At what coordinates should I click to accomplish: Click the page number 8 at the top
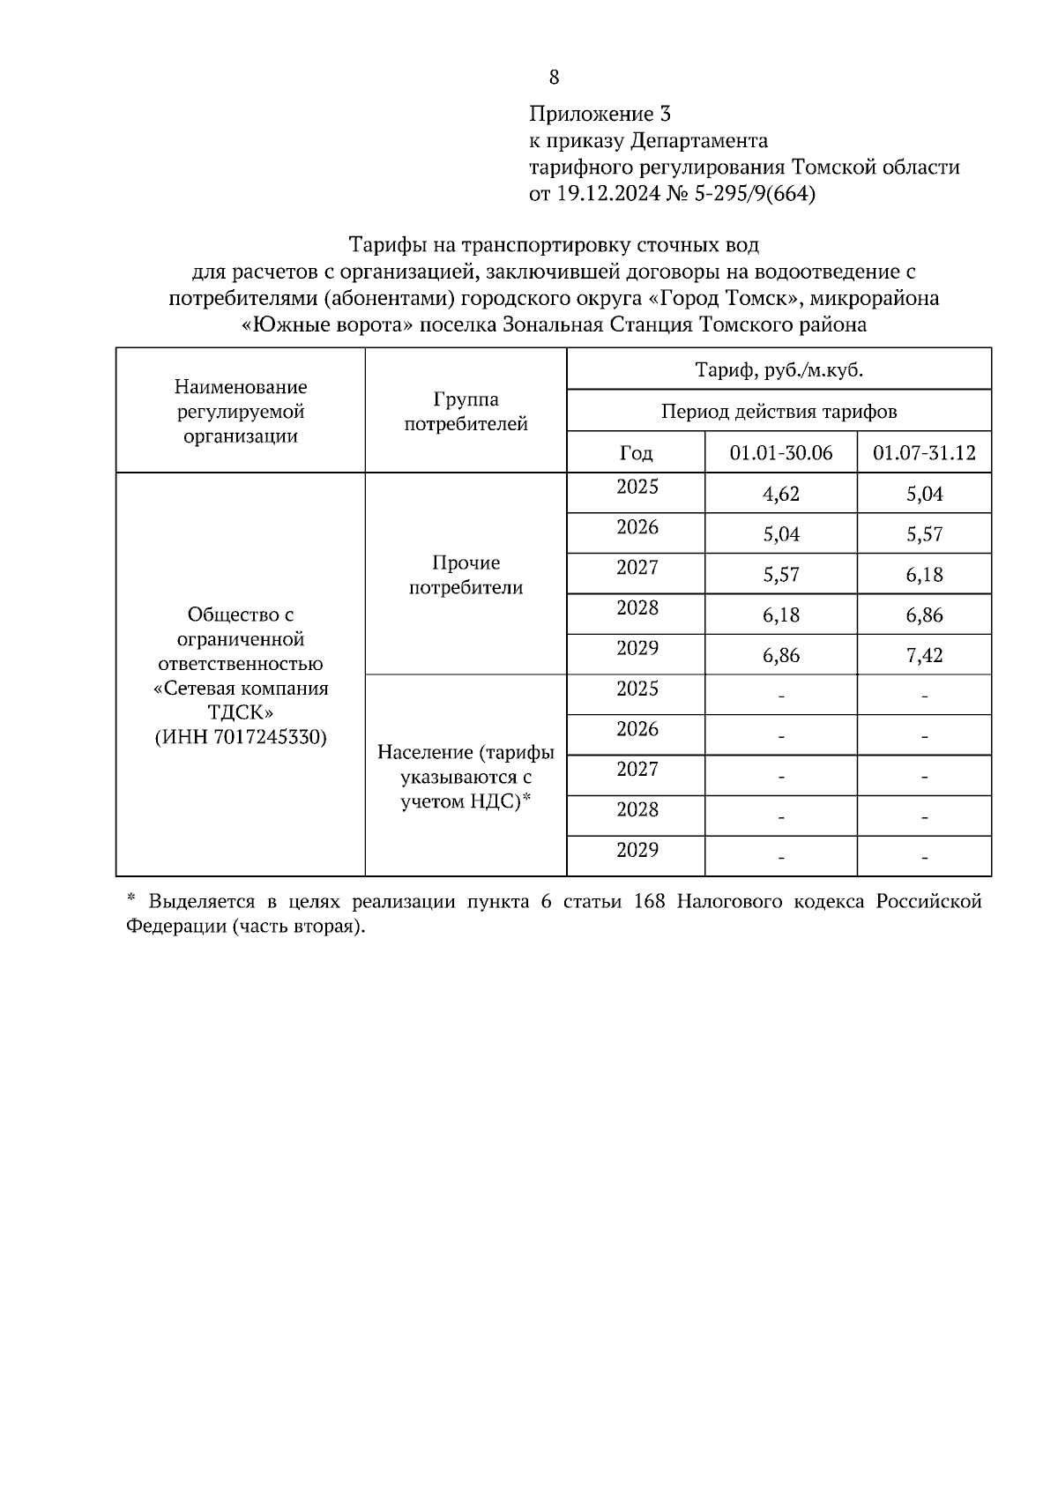coord(554,78)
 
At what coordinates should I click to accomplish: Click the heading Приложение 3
coord(600,114)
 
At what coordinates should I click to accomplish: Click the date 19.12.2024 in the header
coord(606,194)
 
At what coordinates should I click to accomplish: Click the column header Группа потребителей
coord(466,412)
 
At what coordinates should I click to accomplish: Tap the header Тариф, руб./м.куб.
coord(779,370)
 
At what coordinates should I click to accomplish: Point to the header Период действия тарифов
coord(779,412)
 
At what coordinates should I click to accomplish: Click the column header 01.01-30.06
coord(780,453)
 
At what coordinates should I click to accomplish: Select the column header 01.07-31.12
coord(924,453)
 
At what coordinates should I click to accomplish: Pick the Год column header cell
coord(636,453)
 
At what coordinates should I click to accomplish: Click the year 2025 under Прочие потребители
coord(637,487)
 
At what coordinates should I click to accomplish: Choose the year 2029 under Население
coord(637,850)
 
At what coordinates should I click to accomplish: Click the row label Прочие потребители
coord(466,575)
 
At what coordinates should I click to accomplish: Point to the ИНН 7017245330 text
coord(241,737)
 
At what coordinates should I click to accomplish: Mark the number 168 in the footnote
coord(651,902)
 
